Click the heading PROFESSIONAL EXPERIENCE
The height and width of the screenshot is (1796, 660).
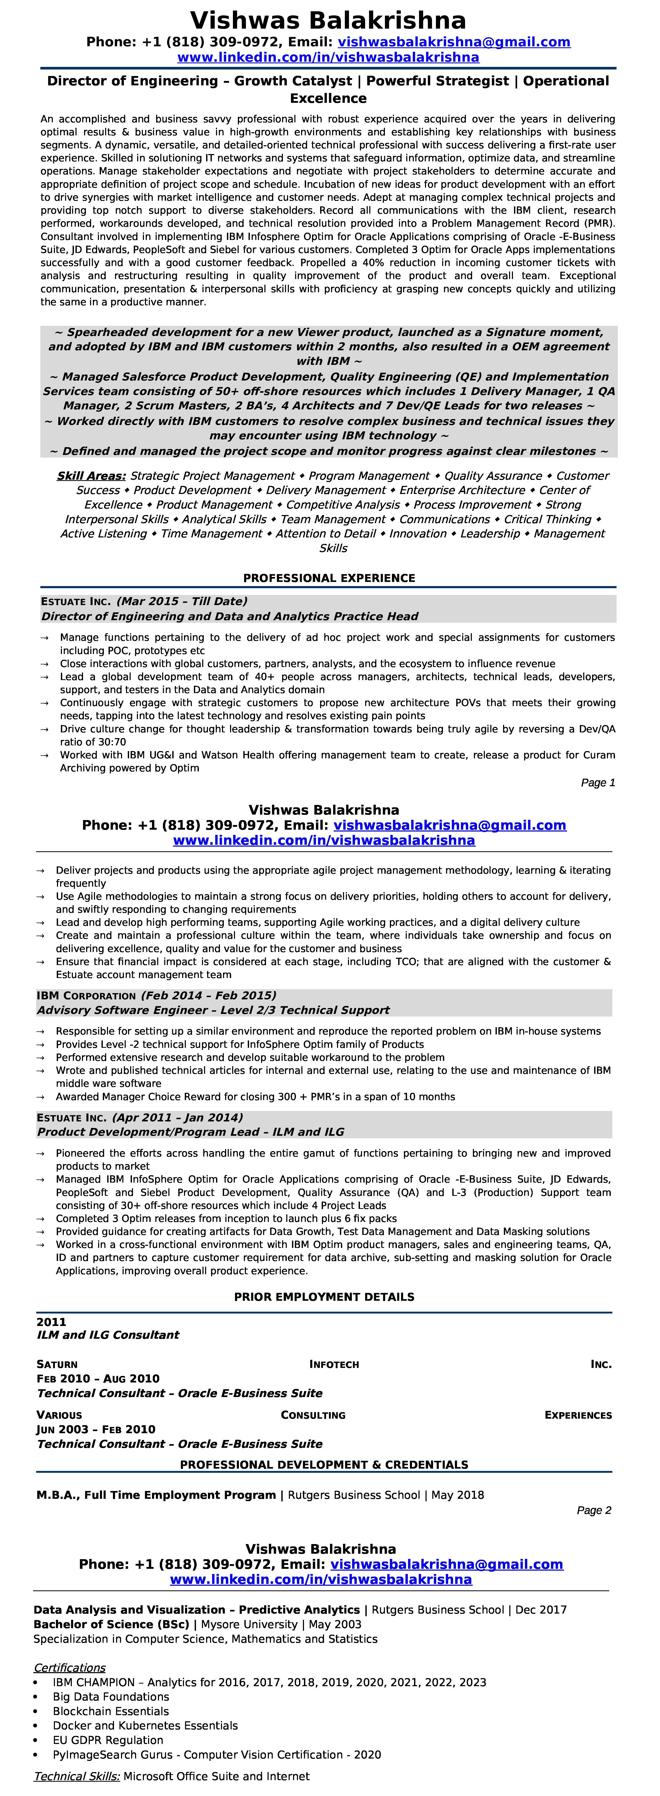click(x=329, y=578)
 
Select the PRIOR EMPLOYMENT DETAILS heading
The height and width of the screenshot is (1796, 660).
click(x=324, y=1297)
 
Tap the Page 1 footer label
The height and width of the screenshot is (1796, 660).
click(x=598, y=782)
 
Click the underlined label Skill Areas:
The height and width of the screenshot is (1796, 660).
click(x=91, y=475)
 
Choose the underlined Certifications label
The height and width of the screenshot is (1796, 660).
click(x=70, y=1667)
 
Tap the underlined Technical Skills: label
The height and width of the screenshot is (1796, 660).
click(x=77, y=1776)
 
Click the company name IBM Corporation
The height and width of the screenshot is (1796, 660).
click(x=86, y=996)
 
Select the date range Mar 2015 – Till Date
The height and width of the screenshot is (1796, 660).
click(x=182, y=601)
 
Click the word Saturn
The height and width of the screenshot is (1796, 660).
click(x=57, y=1364)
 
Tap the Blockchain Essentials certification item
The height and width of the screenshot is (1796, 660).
click(x=111, y=1711)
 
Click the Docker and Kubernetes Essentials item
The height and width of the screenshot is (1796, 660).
click(x=145, y=1725)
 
